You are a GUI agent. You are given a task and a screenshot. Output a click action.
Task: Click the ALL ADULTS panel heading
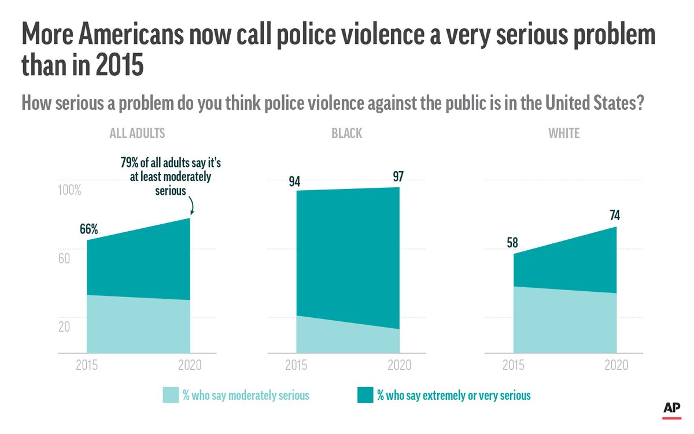pos(137,133)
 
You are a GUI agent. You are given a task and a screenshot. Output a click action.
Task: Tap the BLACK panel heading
pos(346,133)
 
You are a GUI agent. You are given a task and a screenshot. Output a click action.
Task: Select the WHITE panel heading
pos(564,133)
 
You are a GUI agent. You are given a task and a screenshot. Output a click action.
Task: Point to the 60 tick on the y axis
pos(64,258)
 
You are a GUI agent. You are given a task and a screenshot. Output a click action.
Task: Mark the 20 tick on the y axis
pos(64,327)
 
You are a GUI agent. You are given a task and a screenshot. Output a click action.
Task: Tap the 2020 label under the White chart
pos(616,365)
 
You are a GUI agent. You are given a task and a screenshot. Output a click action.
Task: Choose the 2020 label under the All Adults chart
pos(189,365)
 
